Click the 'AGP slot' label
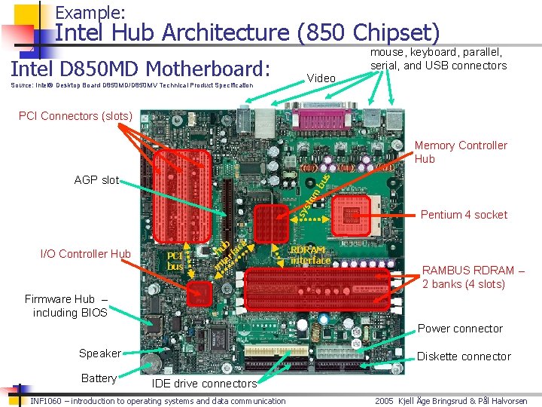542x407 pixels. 96,180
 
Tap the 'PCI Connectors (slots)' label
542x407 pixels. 75,116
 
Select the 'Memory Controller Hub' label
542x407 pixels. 461,151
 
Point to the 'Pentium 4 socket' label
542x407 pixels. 464,215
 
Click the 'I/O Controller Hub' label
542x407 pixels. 85,254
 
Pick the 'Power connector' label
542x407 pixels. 460,329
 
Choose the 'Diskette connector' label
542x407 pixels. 464,357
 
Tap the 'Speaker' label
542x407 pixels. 99,353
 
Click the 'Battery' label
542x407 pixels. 99,378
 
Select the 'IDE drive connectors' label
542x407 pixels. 204,384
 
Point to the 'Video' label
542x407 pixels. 321,78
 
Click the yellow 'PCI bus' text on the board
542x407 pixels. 175,261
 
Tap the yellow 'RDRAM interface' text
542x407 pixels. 310,256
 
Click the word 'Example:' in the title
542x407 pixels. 90,13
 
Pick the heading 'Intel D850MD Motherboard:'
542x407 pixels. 140,69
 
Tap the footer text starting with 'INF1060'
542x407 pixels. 158,401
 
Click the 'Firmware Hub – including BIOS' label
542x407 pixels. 66,306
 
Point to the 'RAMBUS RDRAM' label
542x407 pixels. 473,277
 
